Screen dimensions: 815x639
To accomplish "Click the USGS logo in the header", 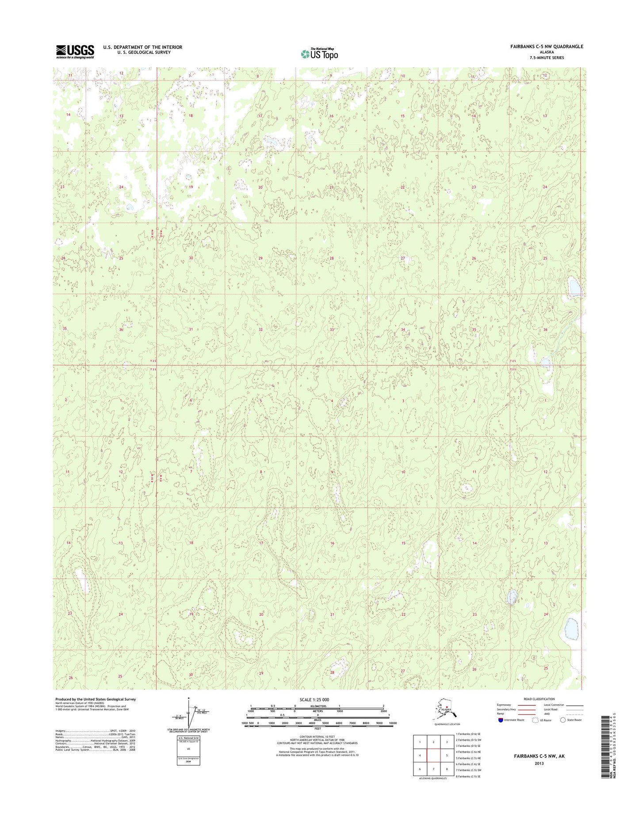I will pyautogui.click(x=75, y=51).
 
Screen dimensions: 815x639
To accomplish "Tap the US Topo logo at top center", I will pyautogui.click(x=319, y=54).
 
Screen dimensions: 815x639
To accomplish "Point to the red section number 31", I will pyautogui.click(x=191, y=329).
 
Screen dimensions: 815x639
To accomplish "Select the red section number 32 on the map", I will pyautogui.click(x=261, y=330).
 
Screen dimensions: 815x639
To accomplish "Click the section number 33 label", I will pyautogui.click(x=332, y=330).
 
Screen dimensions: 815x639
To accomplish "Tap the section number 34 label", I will pyautogui.click(x=403, y=330).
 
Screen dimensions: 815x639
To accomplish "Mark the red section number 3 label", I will pyautogui.click(x=403, y=401).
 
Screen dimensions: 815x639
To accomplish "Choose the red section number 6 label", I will pyautogui.click(x=191, y=400).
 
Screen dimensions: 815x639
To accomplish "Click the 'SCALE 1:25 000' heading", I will pyautogui.click(x=314, y=700).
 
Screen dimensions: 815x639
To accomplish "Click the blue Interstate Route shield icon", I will pyautogui.click(x=500, y=720).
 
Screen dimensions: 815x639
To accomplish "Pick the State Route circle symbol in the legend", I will pyautogui.click(x=562, y=720).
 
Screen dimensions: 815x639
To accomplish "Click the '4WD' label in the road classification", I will pyautogui.click(x=547, y=714).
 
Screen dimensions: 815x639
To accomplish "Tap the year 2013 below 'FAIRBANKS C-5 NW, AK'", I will pyautogui.click(x=539, y=763).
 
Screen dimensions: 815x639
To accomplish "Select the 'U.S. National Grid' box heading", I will pyautogui.click(x=188, y=738).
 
